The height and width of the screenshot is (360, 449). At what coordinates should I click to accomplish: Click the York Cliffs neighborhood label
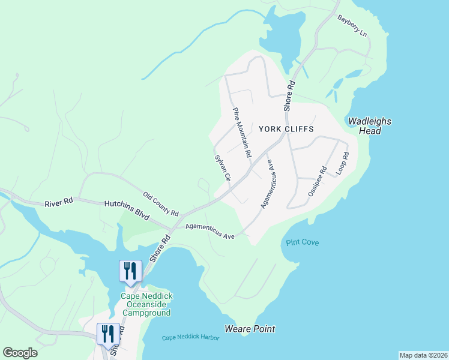click(286, 129)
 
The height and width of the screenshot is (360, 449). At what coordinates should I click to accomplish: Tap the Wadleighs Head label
click(370, 126)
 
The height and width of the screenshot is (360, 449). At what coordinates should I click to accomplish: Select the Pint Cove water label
click(302, 242)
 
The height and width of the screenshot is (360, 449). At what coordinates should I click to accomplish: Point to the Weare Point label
click(250, 329)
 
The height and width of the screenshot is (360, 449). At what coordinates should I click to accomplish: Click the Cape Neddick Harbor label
click(190, 338)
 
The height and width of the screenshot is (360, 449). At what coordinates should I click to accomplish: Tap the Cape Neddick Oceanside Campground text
click(146, 304)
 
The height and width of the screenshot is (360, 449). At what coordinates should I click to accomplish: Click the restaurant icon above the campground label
click(130, 271)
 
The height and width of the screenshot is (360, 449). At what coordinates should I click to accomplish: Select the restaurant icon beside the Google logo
click(108, 334)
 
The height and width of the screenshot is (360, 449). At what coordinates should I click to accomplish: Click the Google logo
click(20, 353)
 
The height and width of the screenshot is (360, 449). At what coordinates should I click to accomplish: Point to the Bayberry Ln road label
click(352, 26)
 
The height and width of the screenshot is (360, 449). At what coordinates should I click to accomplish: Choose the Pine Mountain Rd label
click(242, 133)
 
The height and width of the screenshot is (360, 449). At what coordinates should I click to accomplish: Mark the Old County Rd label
click(161, 204)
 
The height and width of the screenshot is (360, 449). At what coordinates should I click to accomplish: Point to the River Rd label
click(59, 203)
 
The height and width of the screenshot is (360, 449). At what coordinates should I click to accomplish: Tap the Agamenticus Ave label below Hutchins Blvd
click(209, 231)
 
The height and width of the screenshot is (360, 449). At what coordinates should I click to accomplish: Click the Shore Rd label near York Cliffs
click(290, 95)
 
